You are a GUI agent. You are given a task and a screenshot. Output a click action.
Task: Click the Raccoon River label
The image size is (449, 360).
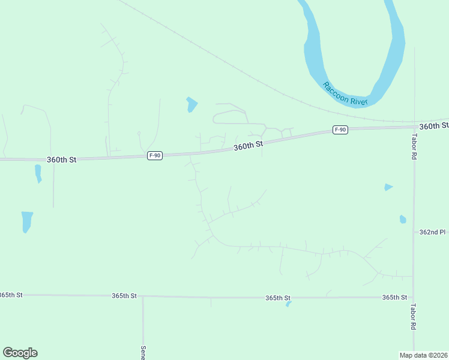(345, 94)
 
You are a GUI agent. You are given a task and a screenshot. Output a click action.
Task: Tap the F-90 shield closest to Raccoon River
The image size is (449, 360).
(340, 130)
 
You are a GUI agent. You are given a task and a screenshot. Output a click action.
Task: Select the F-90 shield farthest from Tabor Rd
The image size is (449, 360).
(155, 155)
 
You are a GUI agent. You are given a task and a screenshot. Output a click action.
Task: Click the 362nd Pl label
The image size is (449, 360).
(432, 232)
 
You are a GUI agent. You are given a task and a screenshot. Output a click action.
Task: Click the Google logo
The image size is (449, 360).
(20, 353)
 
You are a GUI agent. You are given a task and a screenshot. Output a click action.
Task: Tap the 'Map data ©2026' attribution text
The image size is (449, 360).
(424, 355)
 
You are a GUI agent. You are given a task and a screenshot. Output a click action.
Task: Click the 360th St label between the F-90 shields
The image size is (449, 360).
(249, 146)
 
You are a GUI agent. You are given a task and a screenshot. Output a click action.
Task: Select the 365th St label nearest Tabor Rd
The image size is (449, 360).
(394, 297)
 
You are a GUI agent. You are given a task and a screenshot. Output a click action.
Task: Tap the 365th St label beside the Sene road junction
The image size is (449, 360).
(124, 296)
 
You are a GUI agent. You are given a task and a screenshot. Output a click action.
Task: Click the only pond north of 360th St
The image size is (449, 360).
(191, 104)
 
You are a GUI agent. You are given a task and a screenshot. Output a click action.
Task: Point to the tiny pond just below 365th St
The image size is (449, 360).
(289, 304)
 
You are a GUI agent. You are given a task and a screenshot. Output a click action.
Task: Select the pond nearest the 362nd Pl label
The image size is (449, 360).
(403, 219)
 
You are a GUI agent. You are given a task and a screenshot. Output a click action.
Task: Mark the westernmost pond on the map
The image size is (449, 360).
(26, 221)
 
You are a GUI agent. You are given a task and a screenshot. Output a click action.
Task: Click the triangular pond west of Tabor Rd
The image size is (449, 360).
(388, 187)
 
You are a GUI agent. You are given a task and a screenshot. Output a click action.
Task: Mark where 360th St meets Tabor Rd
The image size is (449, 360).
(414, 127)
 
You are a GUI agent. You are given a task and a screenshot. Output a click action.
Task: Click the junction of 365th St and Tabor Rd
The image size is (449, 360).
(414, 297)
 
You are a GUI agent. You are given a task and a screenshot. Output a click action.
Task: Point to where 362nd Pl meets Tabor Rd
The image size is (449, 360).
(414, 232)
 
